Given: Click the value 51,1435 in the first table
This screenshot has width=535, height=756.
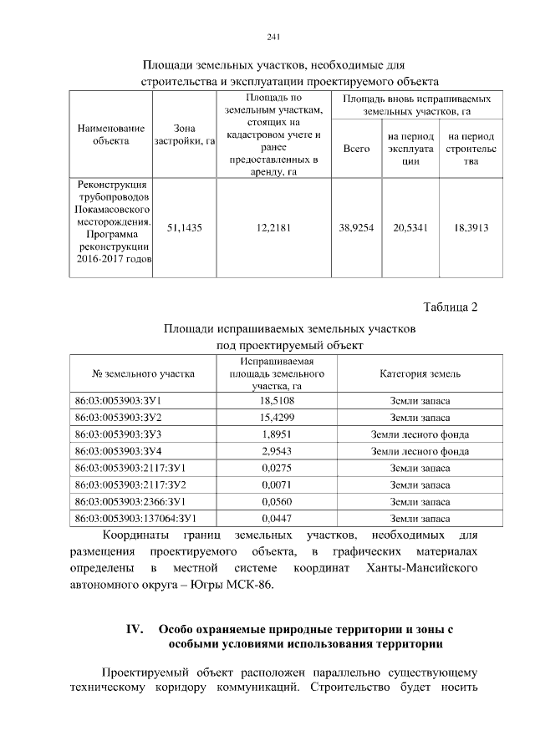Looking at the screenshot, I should point(185,226).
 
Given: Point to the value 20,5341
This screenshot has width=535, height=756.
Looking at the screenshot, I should point(410,226).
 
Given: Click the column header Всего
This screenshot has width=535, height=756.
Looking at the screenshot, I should point(356,149).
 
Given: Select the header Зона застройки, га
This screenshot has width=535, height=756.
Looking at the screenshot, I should point(185,135).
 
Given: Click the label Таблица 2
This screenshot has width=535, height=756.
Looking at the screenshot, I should point(450,307).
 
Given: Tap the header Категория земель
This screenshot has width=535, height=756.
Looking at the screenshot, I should point(420,373).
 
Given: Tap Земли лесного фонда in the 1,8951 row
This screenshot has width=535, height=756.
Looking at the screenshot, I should point(420,434).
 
